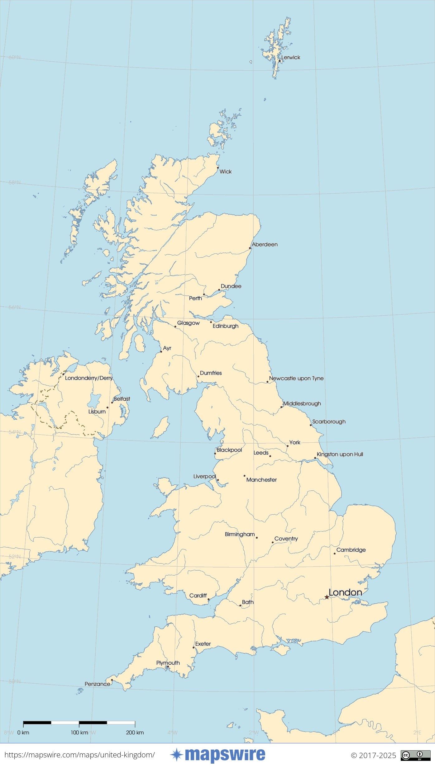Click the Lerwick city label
(290, 57)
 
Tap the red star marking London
(327, 597)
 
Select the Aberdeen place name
(265, 244)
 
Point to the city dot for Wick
(218, 167)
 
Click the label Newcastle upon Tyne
(296, 378)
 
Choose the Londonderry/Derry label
(89, 378)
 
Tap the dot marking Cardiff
(208, 599)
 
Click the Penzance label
(97, 684)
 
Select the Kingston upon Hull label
(340, 454)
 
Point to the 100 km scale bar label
(79, 733)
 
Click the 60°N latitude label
(14, 57)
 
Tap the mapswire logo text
(225, 755)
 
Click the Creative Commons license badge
(415, 755)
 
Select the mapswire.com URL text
(79, 755)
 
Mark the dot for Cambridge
(335, 554)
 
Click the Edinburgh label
(225, 326)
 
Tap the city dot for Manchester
(244, 476)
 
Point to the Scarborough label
(329, 422)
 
